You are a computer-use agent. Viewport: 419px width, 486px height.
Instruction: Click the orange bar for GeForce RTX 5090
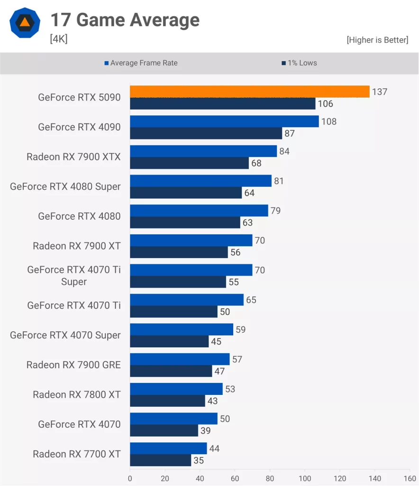tap(249, 92)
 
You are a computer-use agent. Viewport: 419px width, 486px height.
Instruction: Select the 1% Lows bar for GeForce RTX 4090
tap(206, 133)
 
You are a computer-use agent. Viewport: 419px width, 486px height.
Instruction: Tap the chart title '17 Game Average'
tap(125, 20)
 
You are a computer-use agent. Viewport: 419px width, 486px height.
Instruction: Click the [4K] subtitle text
tap(59, 39)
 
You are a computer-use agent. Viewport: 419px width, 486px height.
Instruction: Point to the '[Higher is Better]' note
tap(377, 40)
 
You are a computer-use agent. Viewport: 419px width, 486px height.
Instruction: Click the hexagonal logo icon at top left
tap(25, 22)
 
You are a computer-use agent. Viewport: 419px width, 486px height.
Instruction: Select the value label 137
tap(380, 92)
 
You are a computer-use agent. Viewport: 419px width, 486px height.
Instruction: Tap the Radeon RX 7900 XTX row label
tap(73, 157)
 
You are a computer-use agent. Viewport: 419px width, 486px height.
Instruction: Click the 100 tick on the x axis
tap(305, 478)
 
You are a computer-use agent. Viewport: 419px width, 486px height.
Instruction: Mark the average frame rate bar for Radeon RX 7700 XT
tap(168, 449)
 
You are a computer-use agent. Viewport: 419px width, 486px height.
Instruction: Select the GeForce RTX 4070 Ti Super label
tap(73, 276)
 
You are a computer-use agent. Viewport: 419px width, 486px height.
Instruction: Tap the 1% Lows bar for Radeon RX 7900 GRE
tap(171, 371)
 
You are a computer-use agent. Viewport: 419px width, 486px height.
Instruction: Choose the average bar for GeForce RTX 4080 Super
tap(200, 181)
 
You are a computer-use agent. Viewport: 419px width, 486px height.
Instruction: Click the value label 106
tap(325, 103)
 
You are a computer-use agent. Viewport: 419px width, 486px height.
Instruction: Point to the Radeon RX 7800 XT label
tap(77, 394)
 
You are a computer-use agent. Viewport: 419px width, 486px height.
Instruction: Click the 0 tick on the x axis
tap(130, 478)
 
